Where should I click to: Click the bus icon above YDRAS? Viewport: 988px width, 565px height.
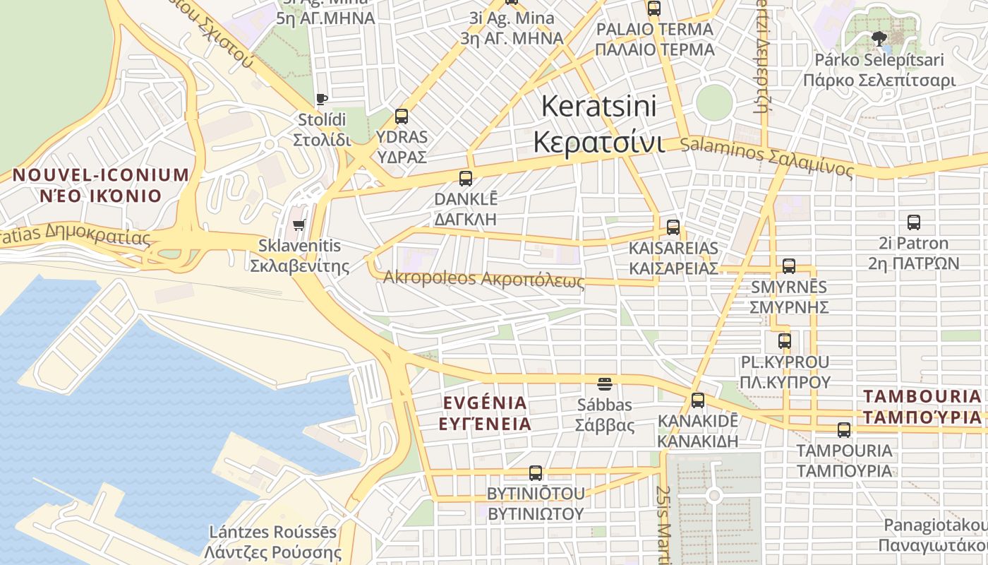coord(402,117)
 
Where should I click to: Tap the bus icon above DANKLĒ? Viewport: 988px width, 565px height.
coord(466,179)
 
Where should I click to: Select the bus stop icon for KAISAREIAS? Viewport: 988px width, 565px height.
coord(673,227)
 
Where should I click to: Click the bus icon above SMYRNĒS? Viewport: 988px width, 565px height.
coord(789,266)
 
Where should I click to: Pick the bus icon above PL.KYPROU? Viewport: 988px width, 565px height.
coord(785,341)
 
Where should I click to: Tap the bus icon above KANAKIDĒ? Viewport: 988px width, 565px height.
coord(698,400)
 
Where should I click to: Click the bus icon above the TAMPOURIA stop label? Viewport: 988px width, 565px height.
coord(844,429)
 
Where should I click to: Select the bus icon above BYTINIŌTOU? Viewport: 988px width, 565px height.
coord(536,473)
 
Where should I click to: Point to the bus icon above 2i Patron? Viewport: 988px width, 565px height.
coord(914,222)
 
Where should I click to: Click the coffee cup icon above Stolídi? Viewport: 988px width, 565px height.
coord(322,99)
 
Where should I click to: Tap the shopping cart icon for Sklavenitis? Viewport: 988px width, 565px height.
coord(299,225)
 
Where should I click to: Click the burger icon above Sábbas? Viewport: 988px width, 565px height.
coord(605,384)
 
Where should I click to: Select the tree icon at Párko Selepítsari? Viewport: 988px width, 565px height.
coord(879,38)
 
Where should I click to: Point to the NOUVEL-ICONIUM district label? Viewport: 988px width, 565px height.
coord(101,175)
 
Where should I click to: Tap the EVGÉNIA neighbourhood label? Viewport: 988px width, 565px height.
coord(485,403)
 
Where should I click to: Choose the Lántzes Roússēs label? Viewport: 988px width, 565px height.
coord(273,532)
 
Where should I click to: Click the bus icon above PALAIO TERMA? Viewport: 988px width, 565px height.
coord(654,8)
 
